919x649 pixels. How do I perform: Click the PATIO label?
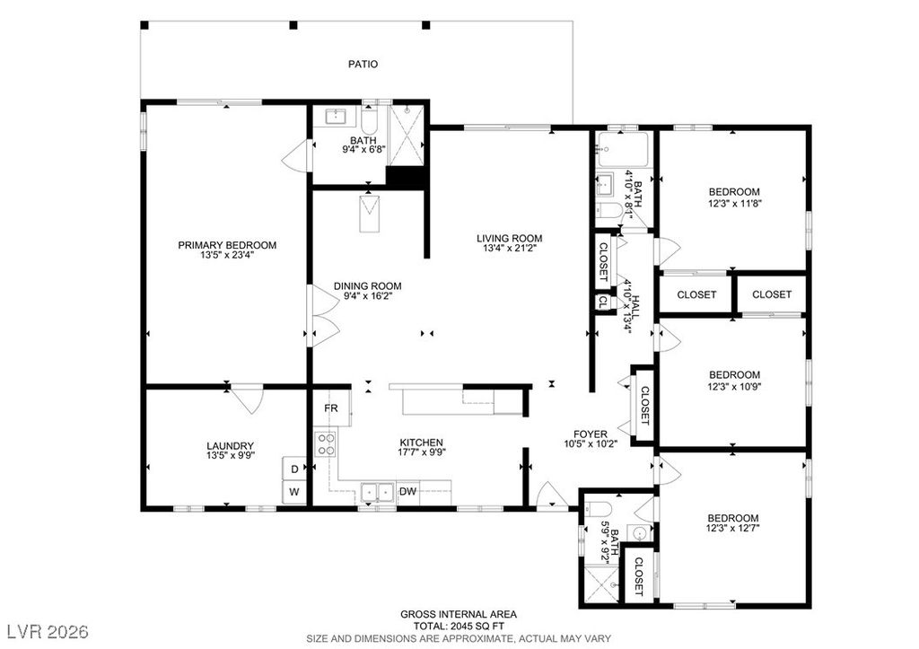click(x=363, y=64)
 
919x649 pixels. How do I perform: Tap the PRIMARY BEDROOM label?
click(x=226, y=245)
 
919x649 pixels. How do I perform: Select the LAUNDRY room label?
click(x=230, y=446)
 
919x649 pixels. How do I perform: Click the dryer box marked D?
click(x=293, y=469)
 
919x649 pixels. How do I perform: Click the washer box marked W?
click(x=293, y=492)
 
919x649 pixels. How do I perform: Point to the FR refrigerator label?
click(x=330, y=408)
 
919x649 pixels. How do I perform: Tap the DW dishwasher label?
click(x=407, y=491)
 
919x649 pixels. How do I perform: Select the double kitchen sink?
click(x=376, y=491)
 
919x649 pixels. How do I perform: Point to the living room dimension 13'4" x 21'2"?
click(x=509, y=248)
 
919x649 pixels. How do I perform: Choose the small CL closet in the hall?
click(x=602, y=302)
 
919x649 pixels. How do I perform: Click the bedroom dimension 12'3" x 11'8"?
click(x=733, y=203)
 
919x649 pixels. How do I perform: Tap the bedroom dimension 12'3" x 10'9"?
click(x=733, y=387)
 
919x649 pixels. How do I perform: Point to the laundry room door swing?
click(x=247, y=397)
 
